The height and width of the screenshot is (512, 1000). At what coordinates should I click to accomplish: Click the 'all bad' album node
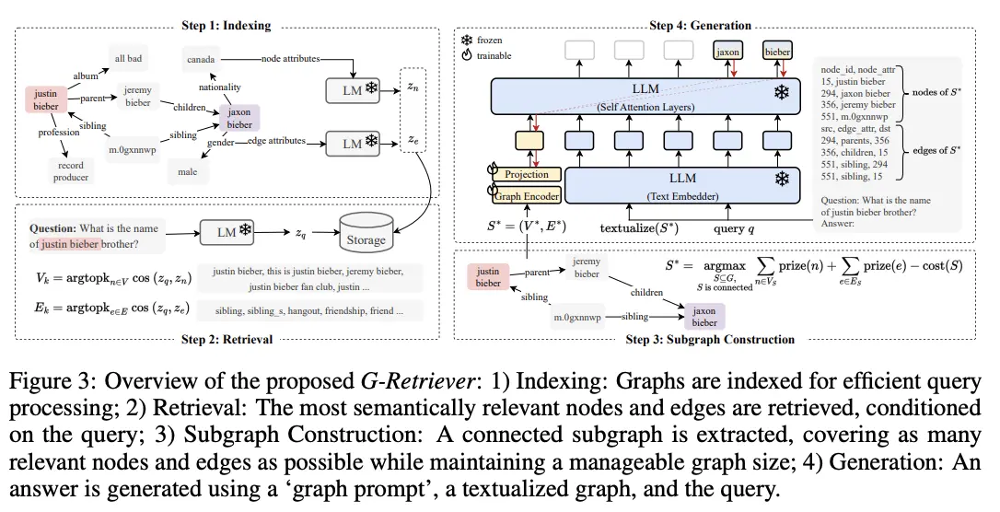128,59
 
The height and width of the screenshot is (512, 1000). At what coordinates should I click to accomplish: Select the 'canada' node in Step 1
201,59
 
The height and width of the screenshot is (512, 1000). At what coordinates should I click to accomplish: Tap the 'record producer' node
71,171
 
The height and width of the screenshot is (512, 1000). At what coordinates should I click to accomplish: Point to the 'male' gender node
188,171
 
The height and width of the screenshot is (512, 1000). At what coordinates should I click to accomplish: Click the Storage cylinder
366,232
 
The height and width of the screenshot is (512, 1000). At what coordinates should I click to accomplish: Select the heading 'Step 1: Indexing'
227,26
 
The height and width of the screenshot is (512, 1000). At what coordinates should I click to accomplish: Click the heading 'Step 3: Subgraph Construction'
710,339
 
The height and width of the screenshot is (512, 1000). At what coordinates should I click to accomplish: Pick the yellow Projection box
526,174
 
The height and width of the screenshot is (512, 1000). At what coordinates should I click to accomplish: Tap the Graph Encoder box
526,196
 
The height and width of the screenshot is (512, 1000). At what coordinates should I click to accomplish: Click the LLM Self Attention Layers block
645,97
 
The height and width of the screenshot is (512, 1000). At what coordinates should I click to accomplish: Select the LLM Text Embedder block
682,185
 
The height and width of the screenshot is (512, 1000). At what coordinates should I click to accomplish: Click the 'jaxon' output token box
727,52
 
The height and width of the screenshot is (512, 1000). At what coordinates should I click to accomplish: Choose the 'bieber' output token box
777,52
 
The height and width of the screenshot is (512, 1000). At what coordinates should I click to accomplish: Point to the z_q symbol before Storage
300,233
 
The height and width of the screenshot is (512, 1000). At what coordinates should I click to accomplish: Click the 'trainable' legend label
494,55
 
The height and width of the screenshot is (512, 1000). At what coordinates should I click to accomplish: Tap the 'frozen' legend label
489,40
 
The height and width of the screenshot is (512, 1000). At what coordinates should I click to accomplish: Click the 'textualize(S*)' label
639,227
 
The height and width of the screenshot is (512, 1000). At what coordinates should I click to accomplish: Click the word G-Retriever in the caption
417,380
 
